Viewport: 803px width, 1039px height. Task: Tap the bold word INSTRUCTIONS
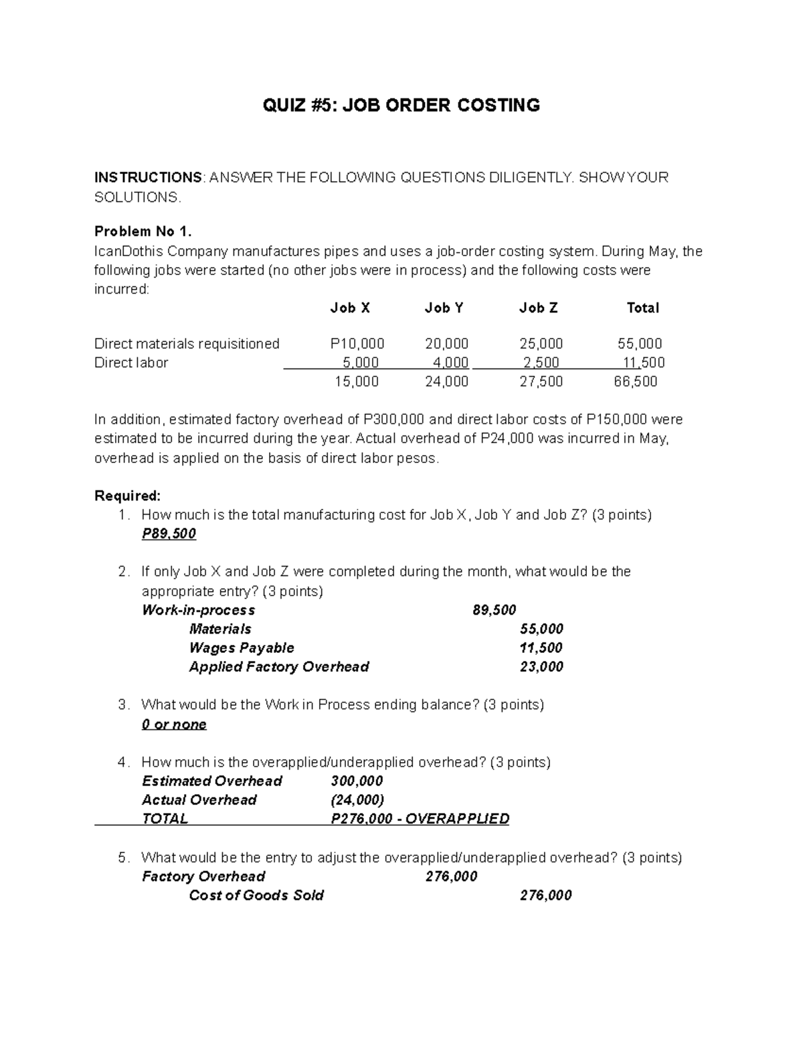pyautogui.click(x=148, y=177)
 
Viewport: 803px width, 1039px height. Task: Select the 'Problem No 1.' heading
pyautogui.click(x=143, y=231)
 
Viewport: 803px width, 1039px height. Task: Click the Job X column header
pyautogui.click(x=350, y=308)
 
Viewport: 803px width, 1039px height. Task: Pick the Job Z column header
pyautogui.click(x=538, y=308)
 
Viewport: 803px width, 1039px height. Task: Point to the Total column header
pyautogui.click(x=642, y=308)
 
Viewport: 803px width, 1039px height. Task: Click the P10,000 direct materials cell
pyautogui.click(x=357, y=344)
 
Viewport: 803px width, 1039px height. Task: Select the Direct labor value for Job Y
pyautogui.click(x=449, y=363)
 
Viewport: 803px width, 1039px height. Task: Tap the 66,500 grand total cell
pyautogui.click(x=636, y=381)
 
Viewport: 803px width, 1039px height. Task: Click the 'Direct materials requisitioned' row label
pyautogui.click(x=187, y=344)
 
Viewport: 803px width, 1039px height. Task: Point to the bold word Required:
pyautogui.click(x=127, y=496)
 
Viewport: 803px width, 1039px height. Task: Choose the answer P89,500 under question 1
pyautogui.click(x=169, y=534)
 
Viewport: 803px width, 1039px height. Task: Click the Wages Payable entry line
pyautogui.click(x=242, y=648)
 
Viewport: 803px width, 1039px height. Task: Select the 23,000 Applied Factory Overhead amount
pyautogui.click(x=541, y=666)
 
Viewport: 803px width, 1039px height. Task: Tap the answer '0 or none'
pyautogui.click(x=174, y=725)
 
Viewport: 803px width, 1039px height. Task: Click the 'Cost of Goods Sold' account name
pyautogui.click(x=256, y=895)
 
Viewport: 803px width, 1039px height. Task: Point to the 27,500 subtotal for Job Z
pyautogui.click(x=541, y=381)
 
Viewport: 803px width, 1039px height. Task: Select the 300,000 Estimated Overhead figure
pyautogui.click(x=357, y=781)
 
